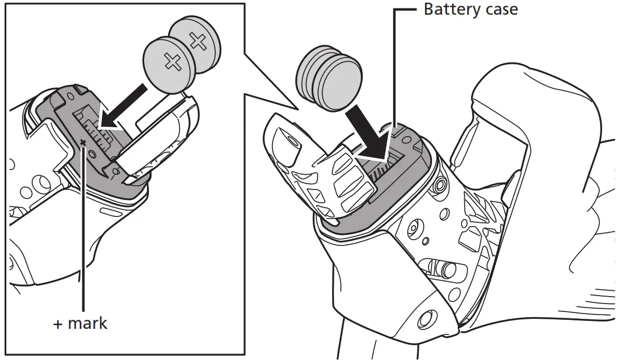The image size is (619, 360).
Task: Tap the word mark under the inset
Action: click(x=88, y=323)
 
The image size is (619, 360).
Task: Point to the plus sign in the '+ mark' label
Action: click(x=58, y=324)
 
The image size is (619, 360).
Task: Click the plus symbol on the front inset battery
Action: click(x=172, y=62)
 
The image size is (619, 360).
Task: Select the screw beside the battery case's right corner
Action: click(x=439, y=186)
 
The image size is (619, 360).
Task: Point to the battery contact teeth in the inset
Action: click(x=100, y=132)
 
